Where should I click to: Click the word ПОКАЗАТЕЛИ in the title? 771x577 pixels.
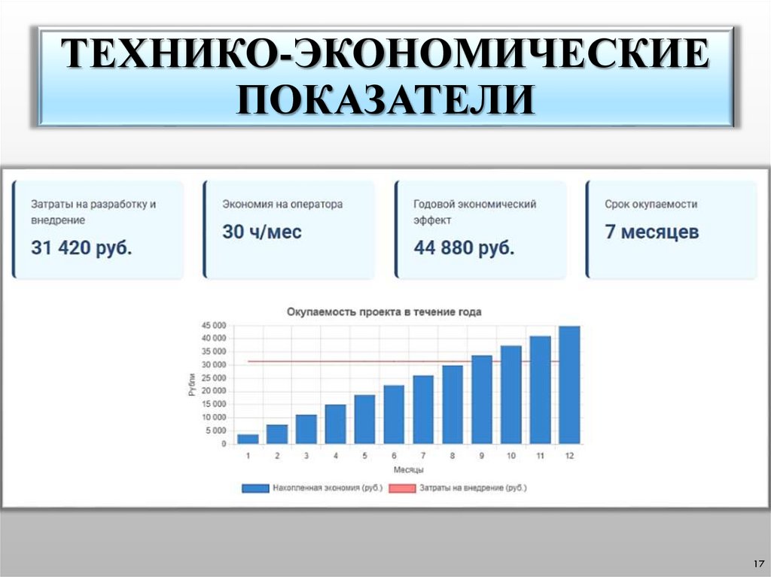(x=385, y=99)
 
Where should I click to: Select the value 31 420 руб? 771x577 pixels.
(x=81, y=248)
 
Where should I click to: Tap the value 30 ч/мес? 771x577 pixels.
(x=262, y=232)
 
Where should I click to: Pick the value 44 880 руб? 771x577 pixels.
(x=464, y=248)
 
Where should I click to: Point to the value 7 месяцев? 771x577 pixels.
(x=651, y=232)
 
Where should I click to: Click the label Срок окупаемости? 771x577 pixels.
(x=651, y=204)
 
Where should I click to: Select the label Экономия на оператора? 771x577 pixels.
(x=282, y=204)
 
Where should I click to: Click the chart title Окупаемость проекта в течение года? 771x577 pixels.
(x=384, y=311)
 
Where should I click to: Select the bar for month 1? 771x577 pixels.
(x=248, y=439)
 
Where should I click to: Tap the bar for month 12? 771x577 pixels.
(x=569, y=385)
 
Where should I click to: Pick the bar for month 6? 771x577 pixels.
(x=394, y=415)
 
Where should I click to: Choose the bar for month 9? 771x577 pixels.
(x=481, y=399)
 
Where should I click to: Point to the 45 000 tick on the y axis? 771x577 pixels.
(x=213, y=325)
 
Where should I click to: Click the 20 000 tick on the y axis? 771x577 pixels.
(x=213, y=391)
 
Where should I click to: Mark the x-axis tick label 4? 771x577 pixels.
(x=336, y=456)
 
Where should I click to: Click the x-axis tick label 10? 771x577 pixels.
(x=510, y=456)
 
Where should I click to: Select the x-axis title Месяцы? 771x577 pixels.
(x=408, y=469)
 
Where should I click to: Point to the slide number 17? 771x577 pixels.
(x=758, y=563)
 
